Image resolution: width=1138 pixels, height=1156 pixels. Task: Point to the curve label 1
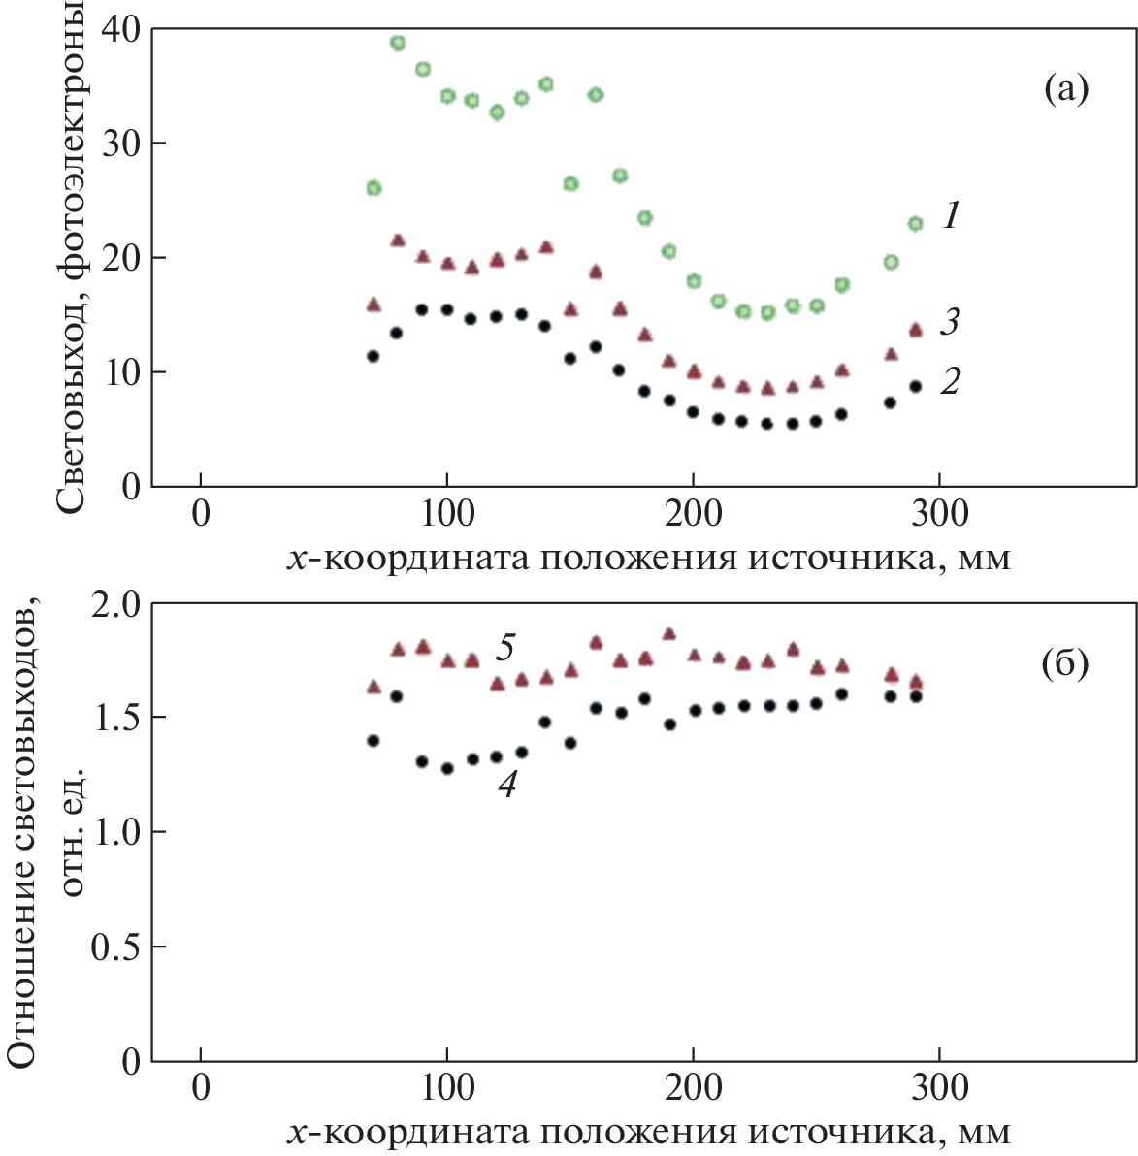pyautogui.click(x=951, y=216)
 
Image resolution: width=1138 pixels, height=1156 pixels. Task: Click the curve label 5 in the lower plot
pyautogui.click(x=504, y=647)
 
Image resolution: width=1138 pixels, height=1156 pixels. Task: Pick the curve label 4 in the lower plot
pyautogui.click(x=506, y=784)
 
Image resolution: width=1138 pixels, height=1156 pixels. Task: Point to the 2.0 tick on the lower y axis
pyautogui.click(x=114, y=603)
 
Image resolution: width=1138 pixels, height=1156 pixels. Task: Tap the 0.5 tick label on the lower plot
pyautogui.click(x=114, y=947)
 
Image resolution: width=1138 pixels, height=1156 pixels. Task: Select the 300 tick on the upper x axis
pyautogui.click(x=939, y=513)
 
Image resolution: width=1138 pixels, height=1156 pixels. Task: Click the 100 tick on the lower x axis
pyautogui.click(x=446, y=1087)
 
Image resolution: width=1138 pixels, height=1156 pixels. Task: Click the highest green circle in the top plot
pyautogui.click(x=397, y=43)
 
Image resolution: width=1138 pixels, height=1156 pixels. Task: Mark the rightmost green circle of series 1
pyautogui.click(x=915, y=224)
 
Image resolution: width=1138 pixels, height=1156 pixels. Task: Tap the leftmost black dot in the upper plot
pyautogui.click(x=373, y=356)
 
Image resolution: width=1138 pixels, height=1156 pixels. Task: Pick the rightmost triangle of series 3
pyautogui.click(x=915, y=330)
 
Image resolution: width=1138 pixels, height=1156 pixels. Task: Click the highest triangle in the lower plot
pyautogui.click(x=668, y=634)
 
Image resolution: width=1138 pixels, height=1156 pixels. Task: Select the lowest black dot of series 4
pyautogui.click(x=446, y=769)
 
